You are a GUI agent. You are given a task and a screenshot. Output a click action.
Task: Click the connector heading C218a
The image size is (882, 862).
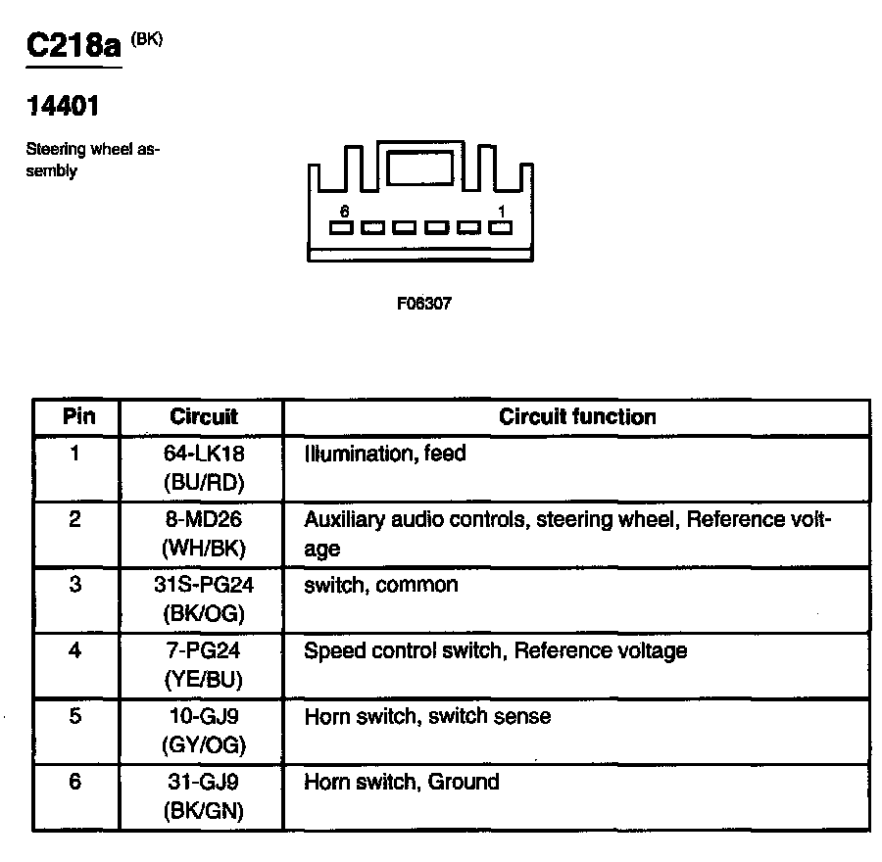(x=73, y=46)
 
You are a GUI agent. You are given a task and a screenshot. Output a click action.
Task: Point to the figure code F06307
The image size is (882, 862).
(x=423, y=304)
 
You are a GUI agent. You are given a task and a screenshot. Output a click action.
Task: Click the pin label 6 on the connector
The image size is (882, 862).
(x=344, y=211)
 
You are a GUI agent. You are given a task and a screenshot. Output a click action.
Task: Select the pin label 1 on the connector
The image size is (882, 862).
(x=502, y=211)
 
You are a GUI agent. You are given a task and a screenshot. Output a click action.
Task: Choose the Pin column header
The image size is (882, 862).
(x=78, y=416)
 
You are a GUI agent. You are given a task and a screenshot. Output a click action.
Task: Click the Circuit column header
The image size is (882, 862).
(x=204, y=416)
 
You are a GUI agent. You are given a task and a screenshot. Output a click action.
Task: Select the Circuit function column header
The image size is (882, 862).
(x=577, y=416)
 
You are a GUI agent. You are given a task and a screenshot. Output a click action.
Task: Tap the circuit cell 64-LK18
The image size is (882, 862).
(x=204, y=455)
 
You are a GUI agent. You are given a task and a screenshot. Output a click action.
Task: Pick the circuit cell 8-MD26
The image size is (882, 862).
(x=204, y=519)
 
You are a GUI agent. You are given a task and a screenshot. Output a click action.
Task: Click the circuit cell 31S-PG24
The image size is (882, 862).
(x=204, y=586)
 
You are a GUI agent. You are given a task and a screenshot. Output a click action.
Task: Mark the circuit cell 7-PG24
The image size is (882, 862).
(x=204, y=650)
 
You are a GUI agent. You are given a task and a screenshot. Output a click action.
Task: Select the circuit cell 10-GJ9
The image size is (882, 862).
(x=204, y=716)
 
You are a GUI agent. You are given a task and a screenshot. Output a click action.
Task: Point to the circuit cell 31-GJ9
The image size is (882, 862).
(x=204, y=782)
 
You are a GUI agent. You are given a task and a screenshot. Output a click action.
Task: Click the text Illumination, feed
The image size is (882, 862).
(x=385, y=455)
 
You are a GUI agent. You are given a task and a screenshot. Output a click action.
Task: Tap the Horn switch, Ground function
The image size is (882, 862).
(x=402, y=782)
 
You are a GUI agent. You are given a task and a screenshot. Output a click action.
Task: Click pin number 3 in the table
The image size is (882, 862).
(x=75, y=586)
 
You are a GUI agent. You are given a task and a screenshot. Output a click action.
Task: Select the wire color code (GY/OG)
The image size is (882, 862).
(x=204, y=745)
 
